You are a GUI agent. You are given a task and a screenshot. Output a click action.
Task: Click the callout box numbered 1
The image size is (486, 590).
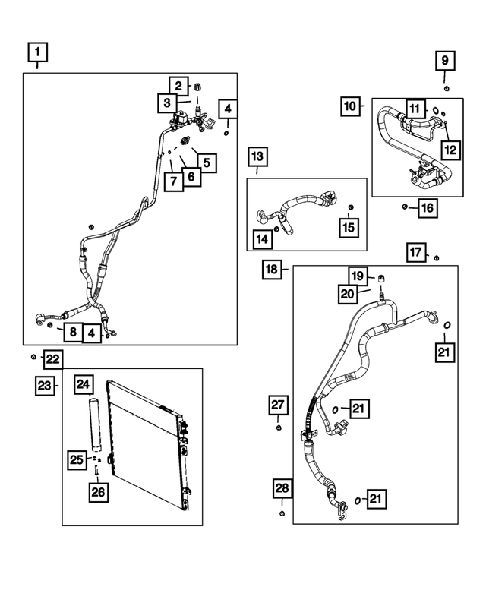click(38, 52)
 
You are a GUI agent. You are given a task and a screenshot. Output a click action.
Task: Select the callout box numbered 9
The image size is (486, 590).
click(445, 61)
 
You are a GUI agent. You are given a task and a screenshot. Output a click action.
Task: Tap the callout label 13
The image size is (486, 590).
click(257, 156)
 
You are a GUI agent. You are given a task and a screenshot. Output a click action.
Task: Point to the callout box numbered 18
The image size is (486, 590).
click(272, 270)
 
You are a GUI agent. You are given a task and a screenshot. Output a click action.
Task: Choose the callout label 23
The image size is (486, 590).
click(45, 386)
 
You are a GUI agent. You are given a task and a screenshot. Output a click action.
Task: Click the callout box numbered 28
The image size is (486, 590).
click(282, 488)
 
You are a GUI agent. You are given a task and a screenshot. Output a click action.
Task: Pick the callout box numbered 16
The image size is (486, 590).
click(428, 208)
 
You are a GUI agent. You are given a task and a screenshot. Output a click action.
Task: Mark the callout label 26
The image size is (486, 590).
click(98, 492)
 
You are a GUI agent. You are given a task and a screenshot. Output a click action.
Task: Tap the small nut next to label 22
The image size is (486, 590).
click(33, 357)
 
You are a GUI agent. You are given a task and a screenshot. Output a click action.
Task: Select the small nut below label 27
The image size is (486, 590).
click(279, 428)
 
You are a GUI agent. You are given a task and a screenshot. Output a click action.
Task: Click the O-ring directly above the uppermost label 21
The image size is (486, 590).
click(447, 325)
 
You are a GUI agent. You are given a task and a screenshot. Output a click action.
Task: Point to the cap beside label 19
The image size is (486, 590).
click(380, 279)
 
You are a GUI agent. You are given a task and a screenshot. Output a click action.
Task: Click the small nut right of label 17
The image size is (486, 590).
click(437, 257)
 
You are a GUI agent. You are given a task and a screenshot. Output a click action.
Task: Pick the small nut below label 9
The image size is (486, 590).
click(446, 88)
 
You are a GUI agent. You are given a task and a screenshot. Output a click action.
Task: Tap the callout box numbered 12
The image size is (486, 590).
click(450, 150)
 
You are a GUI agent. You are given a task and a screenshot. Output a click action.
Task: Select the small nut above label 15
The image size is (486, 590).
click(351, 207)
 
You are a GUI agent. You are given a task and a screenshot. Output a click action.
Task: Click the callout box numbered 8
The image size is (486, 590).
click(73, 332)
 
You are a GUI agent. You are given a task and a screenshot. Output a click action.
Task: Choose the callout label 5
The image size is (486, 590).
click(207, 163)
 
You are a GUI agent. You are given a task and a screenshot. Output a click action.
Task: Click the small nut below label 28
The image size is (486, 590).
click(282, 513)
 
